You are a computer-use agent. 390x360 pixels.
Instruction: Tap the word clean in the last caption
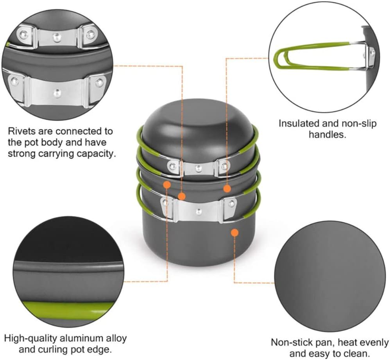[355, 354]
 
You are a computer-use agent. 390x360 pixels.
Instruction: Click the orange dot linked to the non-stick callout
[234, 233]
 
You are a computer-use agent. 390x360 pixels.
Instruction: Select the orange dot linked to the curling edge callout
[167, 185]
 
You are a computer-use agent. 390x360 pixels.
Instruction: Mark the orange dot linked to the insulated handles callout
[227, 189]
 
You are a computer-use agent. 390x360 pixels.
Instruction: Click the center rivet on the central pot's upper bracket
[198, 168]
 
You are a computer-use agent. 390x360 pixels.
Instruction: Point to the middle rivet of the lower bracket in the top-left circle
[57, 93]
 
